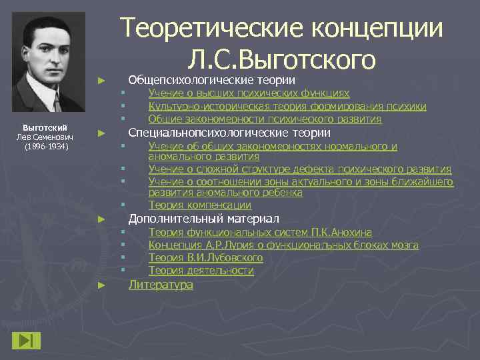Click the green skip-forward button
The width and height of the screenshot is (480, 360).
pyautogui.click(x=26, y=339)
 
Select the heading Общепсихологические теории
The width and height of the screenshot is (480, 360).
pyautogui.click(x=211, y=79)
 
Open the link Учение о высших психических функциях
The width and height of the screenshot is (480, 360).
pyautogui.click(x=249, y=93)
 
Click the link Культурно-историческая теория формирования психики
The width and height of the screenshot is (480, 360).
pyautogui.click(x=287, y=106)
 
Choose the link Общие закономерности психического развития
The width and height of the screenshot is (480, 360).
pyautogui.click(x=265, y=119)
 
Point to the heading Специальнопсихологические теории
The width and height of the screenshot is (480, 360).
pyautogui.click(x=229, y=133)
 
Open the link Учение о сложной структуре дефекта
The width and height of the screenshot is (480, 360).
pyautogui.click(x=299, y=169)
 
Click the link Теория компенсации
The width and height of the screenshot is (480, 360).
pyautogui.click(x=199, y=205)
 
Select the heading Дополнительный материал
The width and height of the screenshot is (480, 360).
pyautogui.click(x=203, y=219)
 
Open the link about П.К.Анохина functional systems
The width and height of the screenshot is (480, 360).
pyautogui.click(x=260, y=233)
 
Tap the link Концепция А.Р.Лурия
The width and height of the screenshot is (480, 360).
pyautogui.click(x=283, y=245)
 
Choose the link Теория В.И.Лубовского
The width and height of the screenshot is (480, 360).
pyautogui.click(x=205, y=258)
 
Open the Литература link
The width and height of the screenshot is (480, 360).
pyautogui.click(x=161, y=285)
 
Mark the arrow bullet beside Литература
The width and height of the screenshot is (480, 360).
pyautogui.click(x=101, y=285)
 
